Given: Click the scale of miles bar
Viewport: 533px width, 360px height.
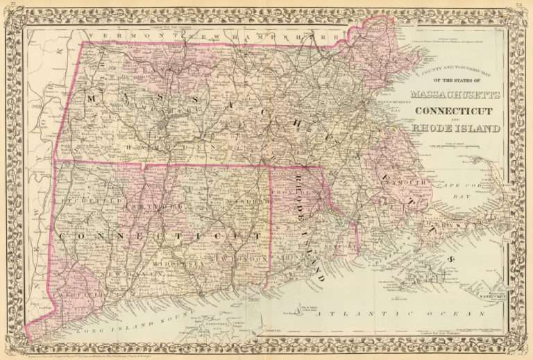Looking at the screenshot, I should coord(452,146).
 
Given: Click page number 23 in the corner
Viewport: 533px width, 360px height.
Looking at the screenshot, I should coord(522,6).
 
